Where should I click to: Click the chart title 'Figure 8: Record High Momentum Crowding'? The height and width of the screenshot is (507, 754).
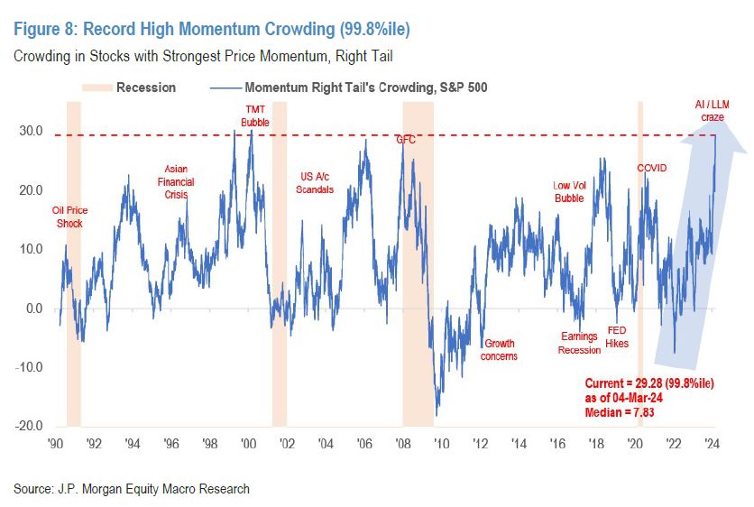click(212, 30)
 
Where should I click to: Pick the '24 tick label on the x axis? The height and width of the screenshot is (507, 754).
click(712, 443)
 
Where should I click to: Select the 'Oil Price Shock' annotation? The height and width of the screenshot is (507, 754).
click(70, 217)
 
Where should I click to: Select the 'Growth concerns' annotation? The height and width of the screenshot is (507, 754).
click(501, 349)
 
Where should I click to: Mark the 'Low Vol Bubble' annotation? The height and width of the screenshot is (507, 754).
click(568, 192)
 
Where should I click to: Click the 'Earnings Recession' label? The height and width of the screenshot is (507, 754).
click(579, 343)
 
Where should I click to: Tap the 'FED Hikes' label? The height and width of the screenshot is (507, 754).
click(618, 336)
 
